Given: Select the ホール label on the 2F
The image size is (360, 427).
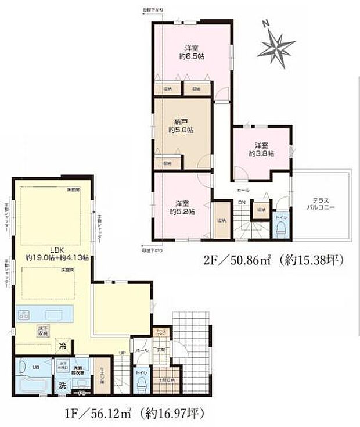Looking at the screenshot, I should click(x=243, y=190).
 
